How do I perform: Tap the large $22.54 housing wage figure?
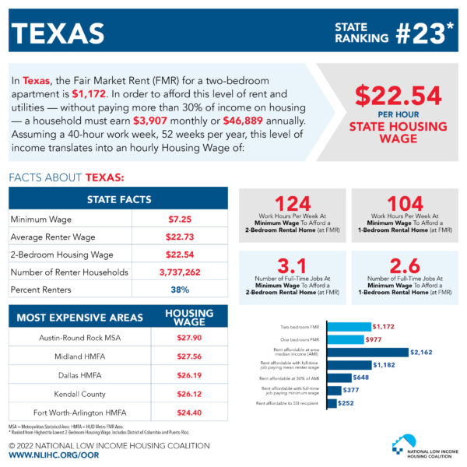397,96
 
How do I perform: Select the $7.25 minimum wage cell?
180,219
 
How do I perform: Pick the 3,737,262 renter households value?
180,272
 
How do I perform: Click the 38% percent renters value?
180,290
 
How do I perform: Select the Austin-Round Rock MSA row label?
71,338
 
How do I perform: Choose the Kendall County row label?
71,394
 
